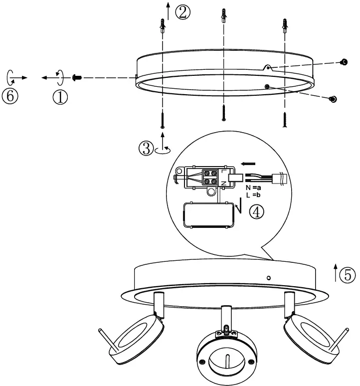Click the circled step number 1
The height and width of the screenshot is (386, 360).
pyautogui.click(x=60, y=96)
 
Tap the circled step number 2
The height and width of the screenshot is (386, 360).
pyautogui.click(x=182, y=12)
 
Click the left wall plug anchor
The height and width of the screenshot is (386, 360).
pyautogui.click(x=163, y=25)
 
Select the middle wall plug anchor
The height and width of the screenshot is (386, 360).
pyautogui.click(x=223, y=16)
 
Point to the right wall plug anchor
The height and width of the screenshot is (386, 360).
pyautogui.click(x=284, y=25)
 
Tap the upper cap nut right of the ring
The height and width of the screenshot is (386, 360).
pyautogui.click(x=344, y=62)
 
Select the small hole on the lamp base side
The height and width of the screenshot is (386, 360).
pyautogui.click(x=269, y=277)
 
